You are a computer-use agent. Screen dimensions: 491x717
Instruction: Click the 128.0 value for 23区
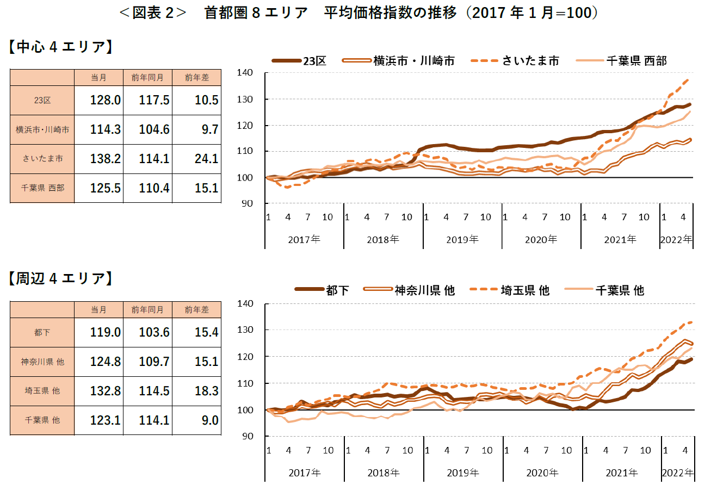pyautogui.click(x=105, y=101)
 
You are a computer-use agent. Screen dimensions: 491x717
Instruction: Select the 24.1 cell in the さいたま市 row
pyautogui.click(x=206, y=159)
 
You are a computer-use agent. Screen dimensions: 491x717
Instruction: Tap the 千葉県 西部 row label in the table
pyautogui.click(x=42, y=188)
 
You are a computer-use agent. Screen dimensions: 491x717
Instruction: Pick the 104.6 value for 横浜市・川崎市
pyautogui.click(x=154, y=130)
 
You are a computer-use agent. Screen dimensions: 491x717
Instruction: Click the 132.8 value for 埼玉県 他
pyautogui.click(x=105, y=391)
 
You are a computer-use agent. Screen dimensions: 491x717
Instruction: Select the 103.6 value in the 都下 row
pyautogui.click(x=154, y=332)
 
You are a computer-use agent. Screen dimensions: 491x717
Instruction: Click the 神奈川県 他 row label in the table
pyautogui.click(x=42, y=362)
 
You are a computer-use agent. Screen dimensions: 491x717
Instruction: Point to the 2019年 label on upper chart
pyautogui.click(x=462, y=239)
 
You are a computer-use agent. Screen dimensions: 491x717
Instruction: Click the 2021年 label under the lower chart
pyautogui.click(x=622, y=473)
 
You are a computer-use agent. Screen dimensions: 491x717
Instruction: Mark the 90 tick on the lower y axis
pyautogui.click(x=248, y=436)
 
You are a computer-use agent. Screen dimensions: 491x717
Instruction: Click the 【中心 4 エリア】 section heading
pyautogui.click(x=60, y=47)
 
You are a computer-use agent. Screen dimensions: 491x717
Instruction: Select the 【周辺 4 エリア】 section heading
pyautogui.click(x=60, y=278)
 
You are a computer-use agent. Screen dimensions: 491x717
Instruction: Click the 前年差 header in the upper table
pyautogui.click(x=196, y=78)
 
